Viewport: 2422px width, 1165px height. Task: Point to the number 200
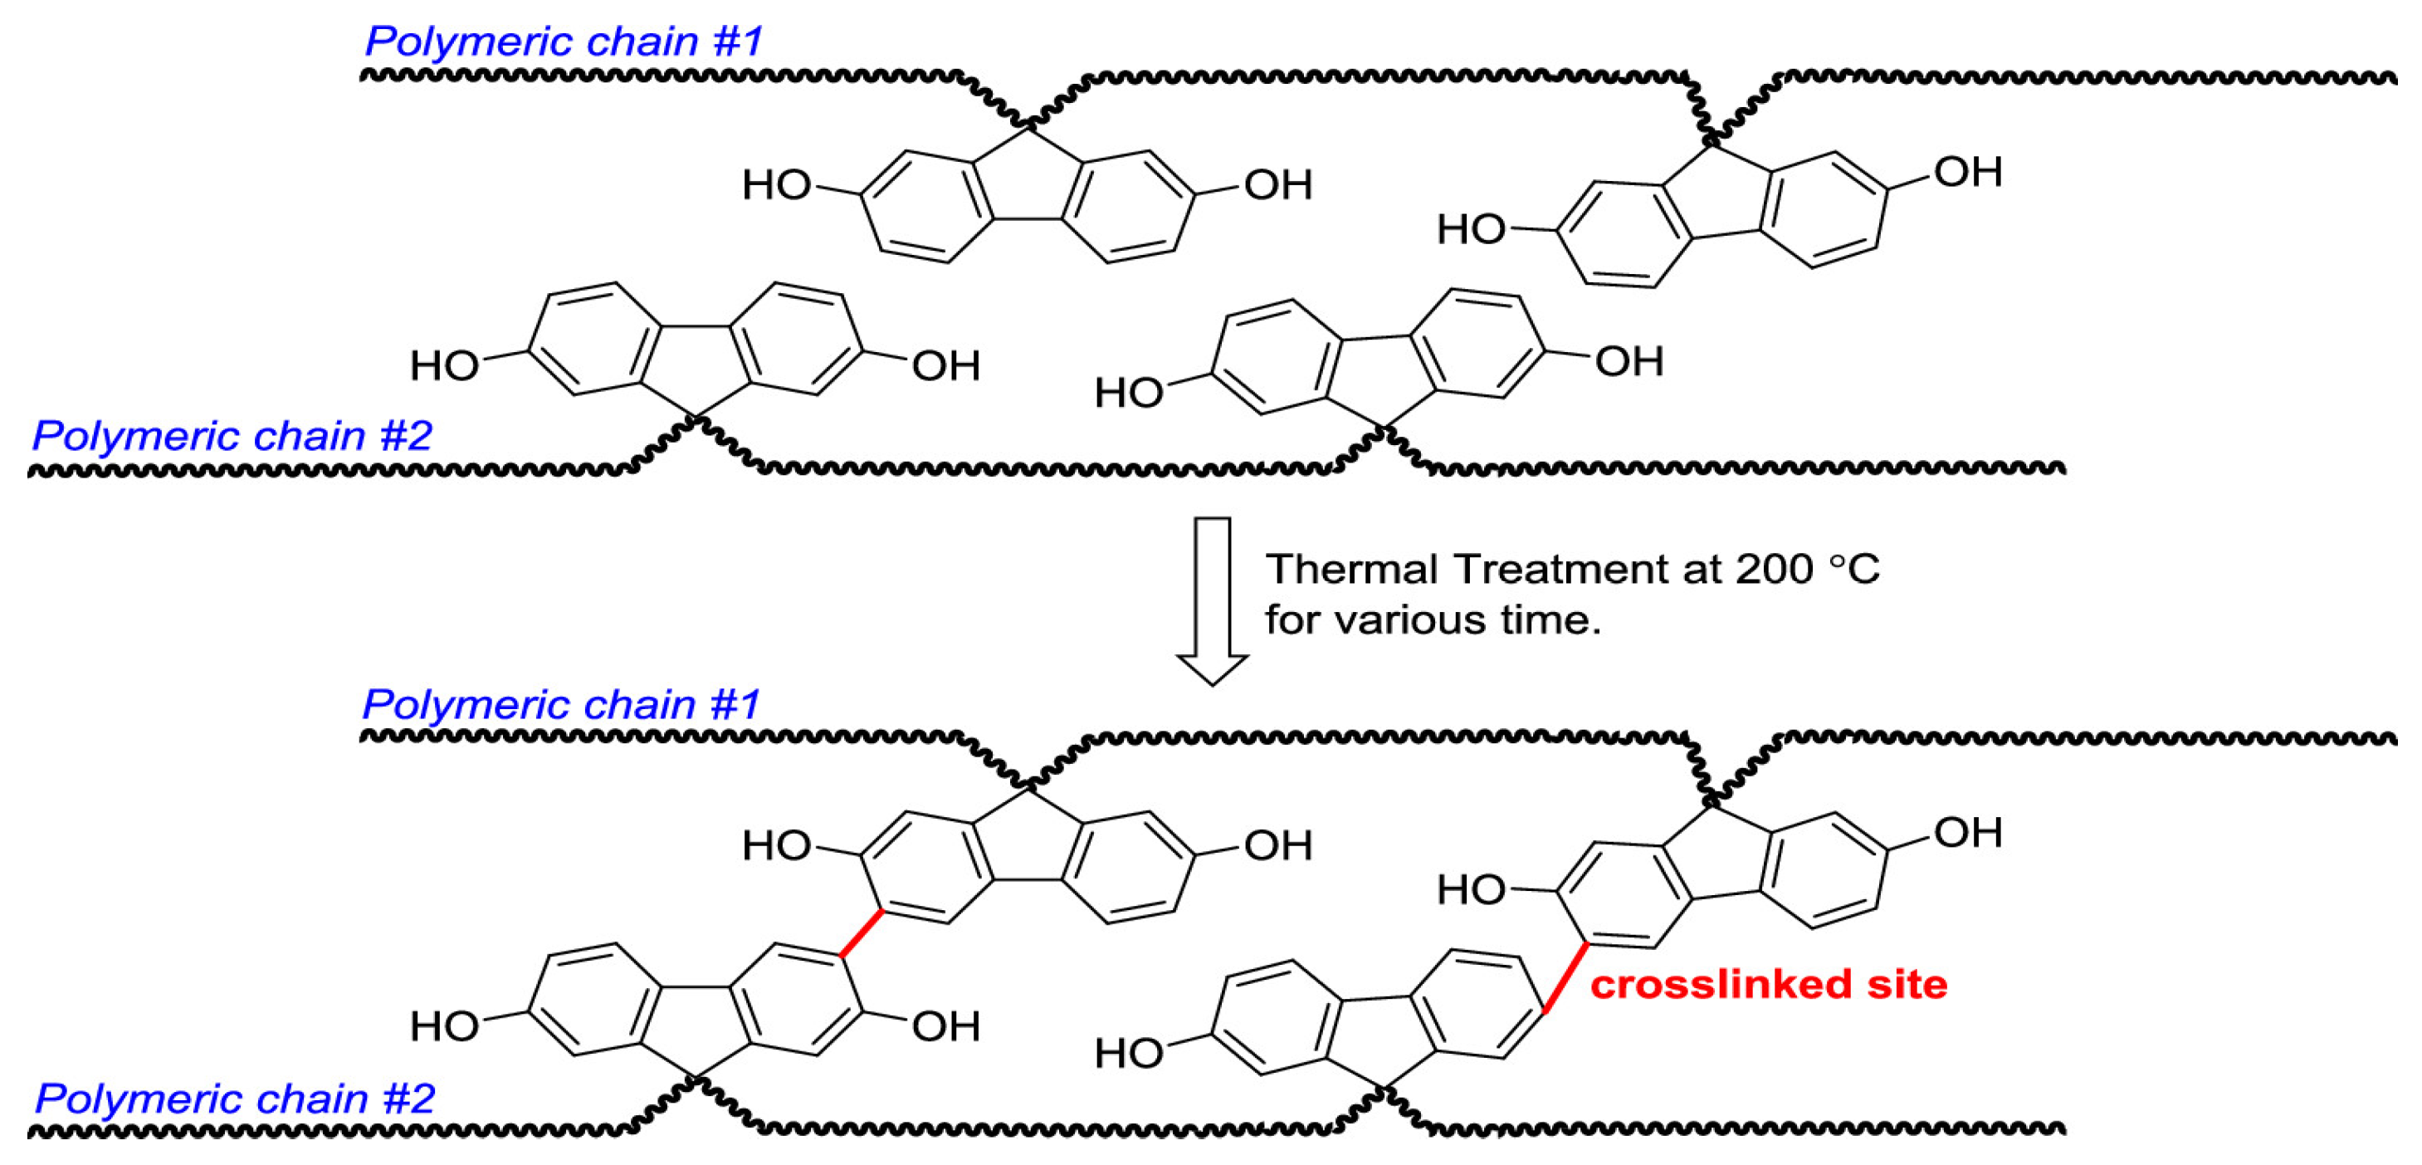click(x=1773, y=569)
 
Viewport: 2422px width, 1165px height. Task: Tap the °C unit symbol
click(x=1853, y=569)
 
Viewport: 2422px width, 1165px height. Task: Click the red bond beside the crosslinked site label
click(x=1565, y=978)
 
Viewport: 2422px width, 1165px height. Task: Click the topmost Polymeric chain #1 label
click(x=562, y=42)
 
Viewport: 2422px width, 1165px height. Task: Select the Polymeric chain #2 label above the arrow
click(x=232, y=435)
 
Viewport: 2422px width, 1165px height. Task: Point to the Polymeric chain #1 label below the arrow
click(x=560, y=704)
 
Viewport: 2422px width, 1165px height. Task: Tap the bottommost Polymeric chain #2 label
click(x=234, y=1099)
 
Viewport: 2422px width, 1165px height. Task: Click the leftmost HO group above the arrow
click(x=444, y=365)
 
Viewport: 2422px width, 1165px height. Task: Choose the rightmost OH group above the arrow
click(x=1968, y=172)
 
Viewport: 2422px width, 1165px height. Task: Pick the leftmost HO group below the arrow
click(x=444, y=1027)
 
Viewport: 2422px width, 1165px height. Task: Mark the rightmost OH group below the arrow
click(x=1968, y=832)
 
